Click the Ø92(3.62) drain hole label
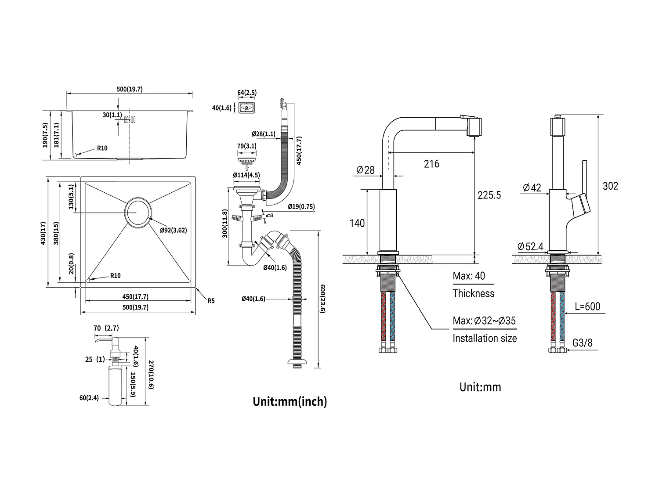tap(174, 230)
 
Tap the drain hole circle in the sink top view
tap(138, 213)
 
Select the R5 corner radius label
tap(211, 301)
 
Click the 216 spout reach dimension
tap(431, 164)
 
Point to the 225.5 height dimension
tap(489, 195)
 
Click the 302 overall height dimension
tap(610, 186)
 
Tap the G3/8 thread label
tap(583, 343)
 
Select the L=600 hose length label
tap(587, 306)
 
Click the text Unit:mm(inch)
tap(290, 401)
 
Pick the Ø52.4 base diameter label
tap(531, 247)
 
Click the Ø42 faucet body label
tap(532, 188)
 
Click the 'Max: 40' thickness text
tap(469, 276)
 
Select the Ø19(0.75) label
tap(301, 207)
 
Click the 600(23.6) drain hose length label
tap(323, 305)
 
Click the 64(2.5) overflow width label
tap(247, 93)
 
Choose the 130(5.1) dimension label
tap(72, 197)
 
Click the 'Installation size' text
tap(485, 339)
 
